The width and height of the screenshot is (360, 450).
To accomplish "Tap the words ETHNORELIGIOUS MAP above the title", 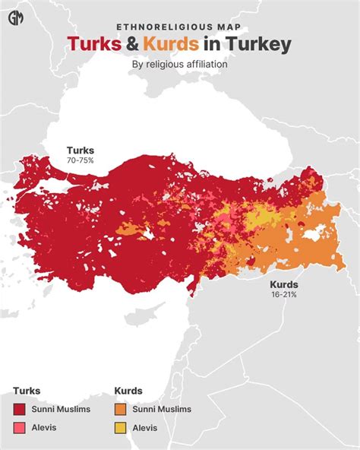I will [x=180, y=25].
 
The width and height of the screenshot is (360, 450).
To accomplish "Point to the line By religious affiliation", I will [x=180, y=65].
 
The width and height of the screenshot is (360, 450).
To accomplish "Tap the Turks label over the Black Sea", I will [x=81, y=151].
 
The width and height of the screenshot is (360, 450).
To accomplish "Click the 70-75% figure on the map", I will [x=81, y=161].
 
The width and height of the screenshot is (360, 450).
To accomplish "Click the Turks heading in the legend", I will [x=27, y=391].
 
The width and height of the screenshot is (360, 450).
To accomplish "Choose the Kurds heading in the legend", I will [x=128, y=391].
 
